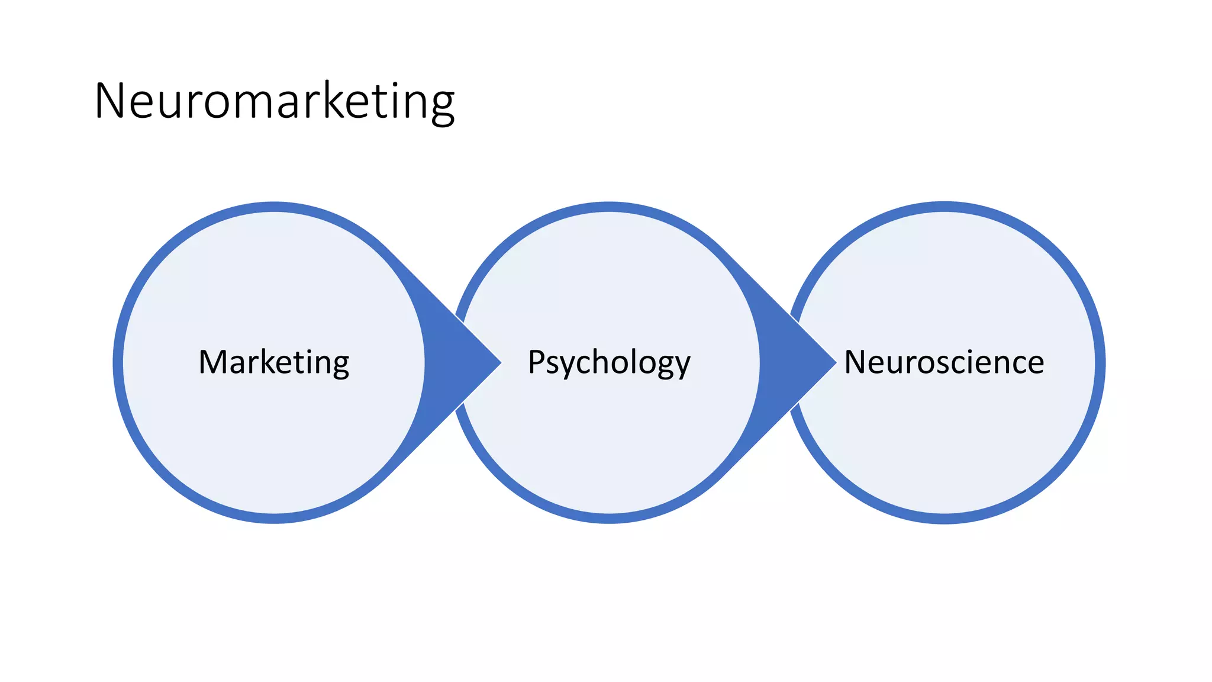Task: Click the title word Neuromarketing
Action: click(x=274, y=102)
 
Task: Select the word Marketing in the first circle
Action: click(x=274, y=362)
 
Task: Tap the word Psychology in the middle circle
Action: click(x=609, y=362)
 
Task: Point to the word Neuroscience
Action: click(x=944, y=362)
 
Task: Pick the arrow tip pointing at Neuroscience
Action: click(x=831, y=362)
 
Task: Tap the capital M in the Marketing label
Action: click(x=212, y=362)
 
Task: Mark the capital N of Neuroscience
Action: click(x=855, y=362)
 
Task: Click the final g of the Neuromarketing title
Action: click(x=441, y=107)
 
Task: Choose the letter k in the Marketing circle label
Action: click(x=269, y=361)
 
